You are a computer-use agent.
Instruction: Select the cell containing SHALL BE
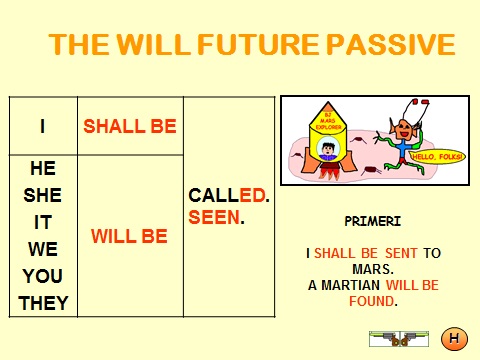(x=130, y=126)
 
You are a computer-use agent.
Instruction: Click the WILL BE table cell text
(x=130, y=237)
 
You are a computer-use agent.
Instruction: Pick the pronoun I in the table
(x=43, y=126)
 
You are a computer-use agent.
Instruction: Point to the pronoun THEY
(x=43, y=303)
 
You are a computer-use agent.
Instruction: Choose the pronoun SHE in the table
(x=43, y=196)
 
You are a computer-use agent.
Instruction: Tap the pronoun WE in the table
(x=43, y=249)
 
